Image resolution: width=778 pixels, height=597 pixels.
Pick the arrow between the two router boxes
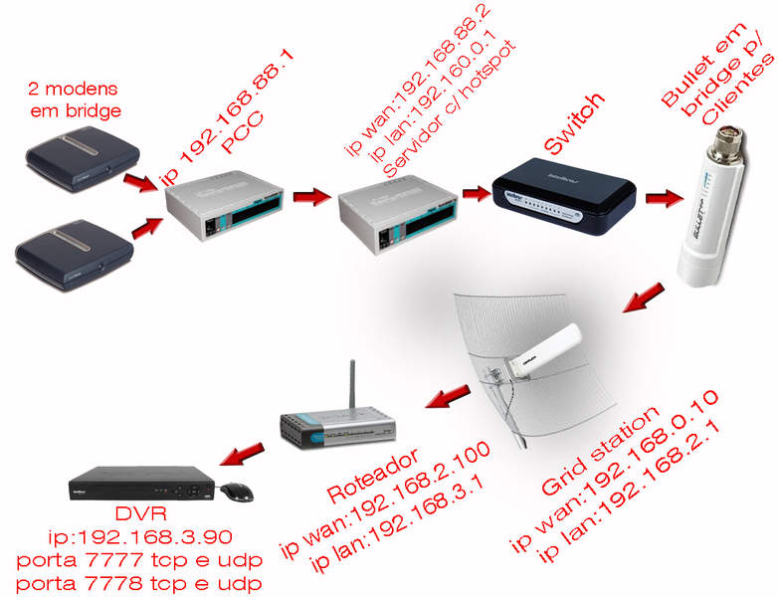310,195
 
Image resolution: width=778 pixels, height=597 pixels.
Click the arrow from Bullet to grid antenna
638,297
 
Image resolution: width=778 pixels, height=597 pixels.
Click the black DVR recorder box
139,486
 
